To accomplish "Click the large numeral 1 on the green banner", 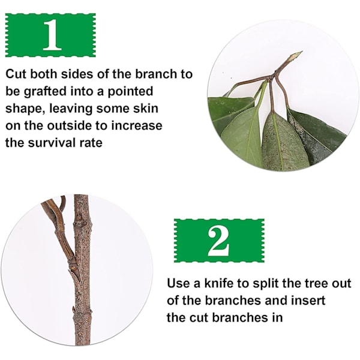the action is [53, 35].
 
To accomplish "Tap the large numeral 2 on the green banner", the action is [218, 241].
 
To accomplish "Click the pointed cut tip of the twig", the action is [301, 52].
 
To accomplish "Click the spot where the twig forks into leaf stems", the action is [274, 77].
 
